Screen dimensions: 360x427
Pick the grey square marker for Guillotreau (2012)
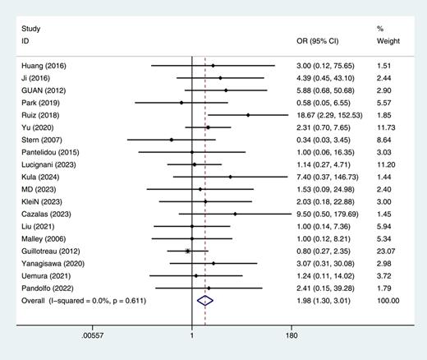pos(188,251)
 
